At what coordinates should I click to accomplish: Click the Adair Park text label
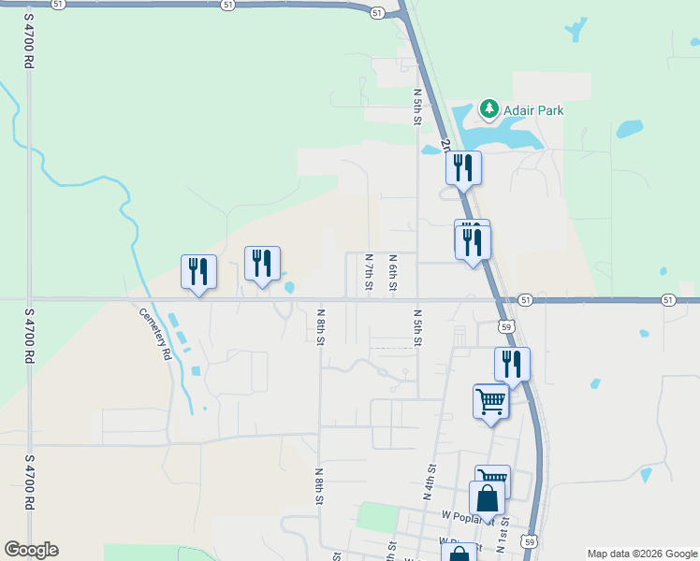pyautogui.click(x=533, y=110)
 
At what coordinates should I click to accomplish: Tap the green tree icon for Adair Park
pyautogui.click(x=489, y=109)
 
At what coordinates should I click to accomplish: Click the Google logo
pyautogui.click(x=31, y=550)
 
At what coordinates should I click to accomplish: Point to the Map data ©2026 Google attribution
pyautogui.click(x=642, y=554)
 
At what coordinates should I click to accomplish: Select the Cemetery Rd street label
pyautogui.click(x=156, y=335)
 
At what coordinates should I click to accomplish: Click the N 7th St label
pyautogui.click(x=370, y=271)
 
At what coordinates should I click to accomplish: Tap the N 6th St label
pyautogui.click(x=394, y=271)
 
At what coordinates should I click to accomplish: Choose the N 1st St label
pyautogui.click(x=503, y=534)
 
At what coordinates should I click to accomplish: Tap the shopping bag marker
pyautogui.click(x=488, y=500)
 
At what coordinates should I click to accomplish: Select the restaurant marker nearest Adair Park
pyautogui.click(x=462, y=168)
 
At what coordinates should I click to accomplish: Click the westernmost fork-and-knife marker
pyautogui.click(x=198, y=272)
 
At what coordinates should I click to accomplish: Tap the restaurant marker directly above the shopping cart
pyautogui.click(x=512, y=364)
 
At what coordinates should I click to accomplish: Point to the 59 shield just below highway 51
pyautogui.click(x=506, y=326)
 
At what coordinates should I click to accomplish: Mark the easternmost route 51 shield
pyautogui.click(x=667, y=299)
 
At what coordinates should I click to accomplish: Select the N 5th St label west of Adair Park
pyautogui.click(x=418, y=108)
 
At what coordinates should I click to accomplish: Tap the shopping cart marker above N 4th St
pyautogui.click(x=490, y=401)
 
